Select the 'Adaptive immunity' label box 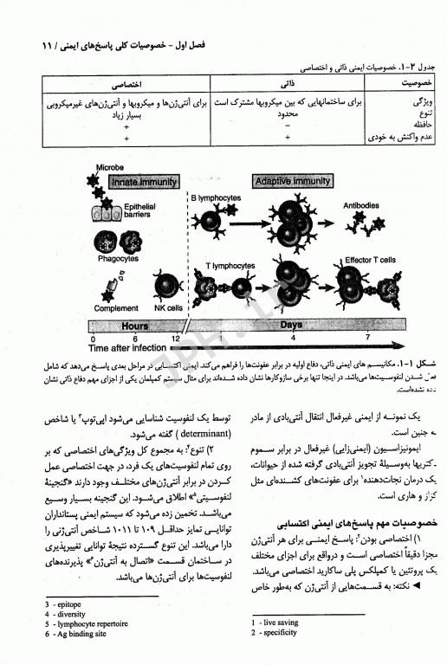pos(292,182)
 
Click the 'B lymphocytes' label pos(217,198)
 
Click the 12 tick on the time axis pos(176,338)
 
